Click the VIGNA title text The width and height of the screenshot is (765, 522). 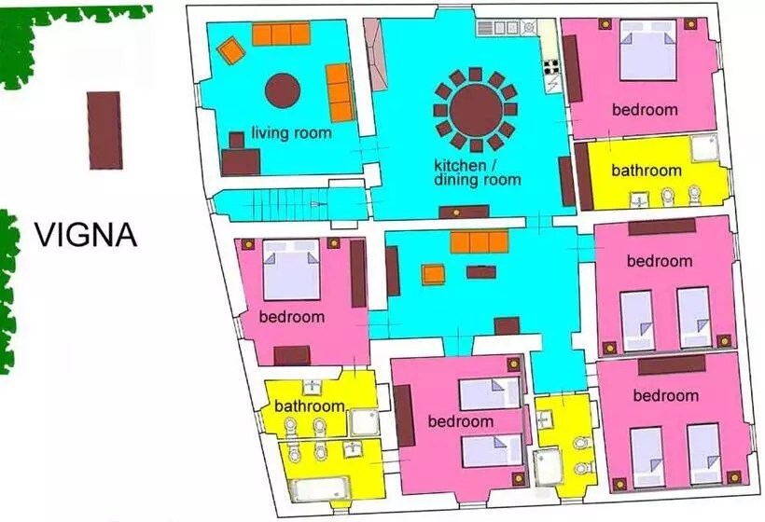[x=86, y=235]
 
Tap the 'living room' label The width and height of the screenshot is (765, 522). [x=291, y=132]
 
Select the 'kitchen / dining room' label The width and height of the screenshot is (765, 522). [x=477, y=172]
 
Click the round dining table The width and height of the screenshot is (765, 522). [x=476, y=110]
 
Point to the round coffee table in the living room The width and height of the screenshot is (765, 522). [x=283, y=90]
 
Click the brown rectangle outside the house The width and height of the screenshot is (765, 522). [x=104, y=130]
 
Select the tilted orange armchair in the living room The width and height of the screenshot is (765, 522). [x=230, y=50]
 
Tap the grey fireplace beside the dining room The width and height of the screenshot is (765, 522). [x=375, y=54]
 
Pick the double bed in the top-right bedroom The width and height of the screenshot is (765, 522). [x=647, y=49]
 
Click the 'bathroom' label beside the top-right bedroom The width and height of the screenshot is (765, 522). [x=647, y=171]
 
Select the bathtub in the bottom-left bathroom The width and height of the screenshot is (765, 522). [x=320, y=488]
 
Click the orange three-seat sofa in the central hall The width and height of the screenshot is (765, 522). [x=480, y=242]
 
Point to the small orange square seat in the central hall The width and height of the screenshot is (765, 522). [x=433, y=274]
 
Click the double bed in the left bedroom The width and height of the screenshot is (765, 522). [x=292, y=269]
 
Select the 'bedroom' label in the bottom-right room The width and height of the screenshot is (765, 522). [x=665, y=396]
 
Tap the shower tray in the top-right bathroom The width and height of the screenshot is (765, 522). [x=705, y=147]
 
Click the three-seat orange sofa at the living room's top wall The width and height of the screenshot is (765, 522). [x=281, y=34]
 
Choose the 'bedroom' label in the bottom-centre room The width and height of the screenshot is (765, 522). [x=461, y=421]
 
